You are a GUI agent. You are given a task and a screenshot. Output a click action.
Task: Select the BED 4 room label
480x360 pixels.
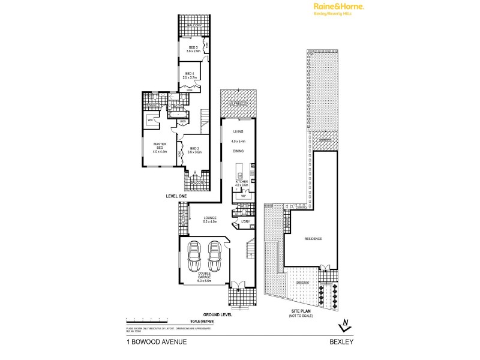coord(190,75)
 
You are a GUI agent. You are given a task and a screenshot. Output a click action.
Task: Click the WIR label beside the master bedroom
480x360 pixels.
coord(150,120)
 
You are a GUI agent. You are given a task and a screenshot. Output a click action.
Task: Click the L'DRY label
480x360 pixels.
coord(245,221)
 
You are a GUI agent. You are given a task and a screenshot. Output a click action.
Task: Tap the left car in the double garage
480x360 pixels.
coord(194,257)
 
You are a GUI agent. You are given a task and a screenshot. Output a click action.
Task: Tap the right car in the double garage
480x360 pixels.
coord(215,257)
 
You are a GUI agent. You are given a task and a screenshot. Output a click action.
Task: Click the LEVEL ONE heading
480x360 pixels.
coord(178,196)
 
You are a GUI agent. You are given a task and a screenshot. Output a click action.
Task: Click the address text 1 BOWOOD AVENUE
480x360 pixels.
coord(157,342)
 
